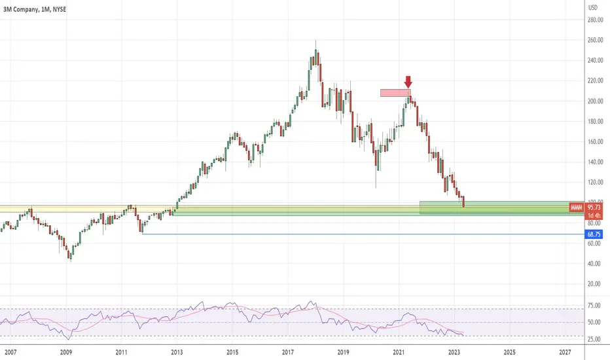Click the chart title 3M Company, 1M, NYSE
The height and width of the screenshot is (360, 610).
point(35,9)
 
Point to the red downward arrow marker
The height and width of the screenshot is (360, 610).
point(408,82)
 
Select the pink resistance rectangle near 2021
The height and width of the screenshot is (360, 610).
point(395,93)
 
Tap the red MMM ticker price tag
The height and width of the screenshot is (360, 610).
point(586,207)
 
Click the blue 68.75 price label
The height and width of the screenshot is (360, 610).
point(594,234)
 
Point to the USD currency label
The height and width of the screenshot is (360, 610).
point(592,7)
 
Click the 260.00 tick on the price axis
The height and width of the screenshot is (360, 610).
point(595,40)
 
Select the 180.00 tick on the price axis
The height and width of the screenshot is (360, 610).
point(595,122)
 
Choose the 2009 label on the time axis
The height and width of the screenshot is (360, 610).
point(65,352)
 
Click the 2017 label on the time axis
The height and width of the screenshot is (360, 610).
point(287,352)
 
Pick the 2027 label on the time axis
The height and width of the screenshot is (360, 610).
point(565,352)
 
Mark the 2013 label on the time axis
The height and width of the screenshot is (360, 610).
point(177,352)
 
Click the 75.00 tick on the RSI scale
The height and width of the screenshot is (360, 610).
point(594,306)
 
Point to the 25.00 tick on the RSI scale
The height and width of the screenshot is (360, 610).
point(594,339)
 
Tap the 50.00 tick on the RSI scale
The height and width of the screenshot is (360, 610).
point(594,322)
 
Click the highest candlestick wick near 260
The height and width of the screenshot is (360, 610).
point(315,45)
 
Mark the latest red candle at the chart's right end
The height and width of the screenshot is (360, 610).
point(463,202)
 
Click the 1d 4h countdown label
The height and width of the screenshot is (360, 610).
point(594,215)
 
